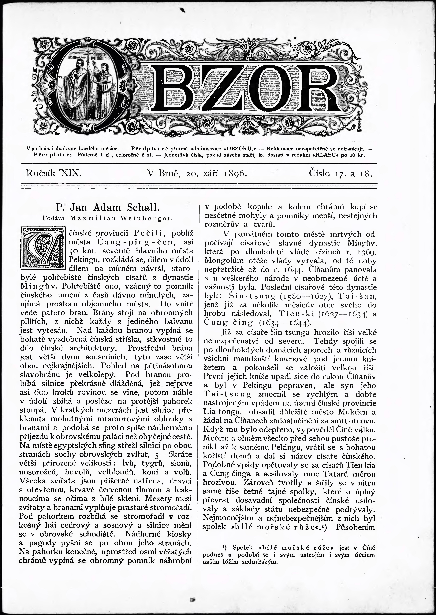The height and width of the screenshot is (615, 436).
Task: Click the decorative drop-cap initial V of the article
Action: click(x=43, y=247)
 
